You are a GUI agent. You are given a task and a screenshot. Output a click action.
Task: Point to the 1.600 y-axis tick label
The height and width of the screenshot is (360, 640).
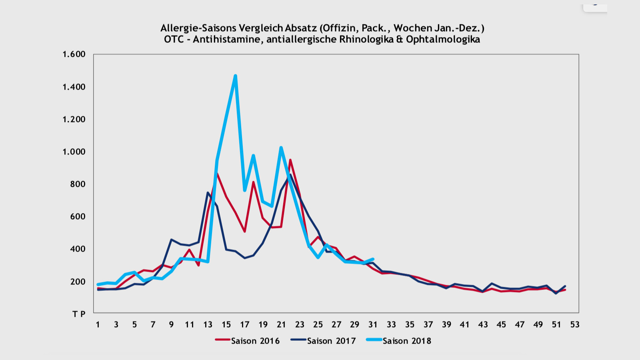pos(74,54)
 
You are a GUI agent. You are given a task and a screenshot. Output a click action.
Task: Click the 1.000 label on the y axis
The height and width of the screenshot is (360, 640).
pos(74,152)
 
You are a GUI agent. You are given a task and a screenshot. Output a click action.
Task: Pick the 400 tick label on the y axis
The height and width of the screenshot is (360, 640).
pos(78,249)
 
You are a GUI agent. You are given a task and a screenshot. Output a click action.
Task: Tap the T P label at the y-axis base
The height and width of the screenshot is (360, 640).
pos(79,314)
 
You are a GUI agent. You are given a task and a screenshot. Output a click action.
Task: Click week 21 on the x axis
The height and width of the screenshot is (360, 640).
pos(281,324)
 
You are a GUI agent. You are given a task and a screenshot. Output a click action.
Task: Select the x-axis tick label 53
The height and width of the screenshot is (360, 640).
pos(575,324)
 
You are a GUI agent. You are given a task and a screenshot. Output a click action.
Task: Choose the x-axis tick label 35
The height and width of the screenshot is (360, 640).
pos(410,324)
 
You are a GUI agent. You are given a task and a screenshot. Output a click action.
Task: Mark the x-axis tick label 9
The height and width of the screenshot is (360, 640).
pos(171,324)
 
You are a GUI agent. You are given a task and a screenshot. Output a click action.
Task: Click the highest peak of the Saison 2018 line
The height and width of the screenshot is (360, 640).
pos(235,76)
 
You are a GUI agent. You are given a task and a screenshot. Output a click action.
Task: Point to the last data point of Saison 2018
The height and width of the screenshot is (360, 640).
pos(373,259)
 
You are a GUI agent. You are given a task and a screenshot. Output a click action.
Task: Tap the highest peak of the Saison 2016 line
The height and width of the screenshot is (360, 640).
pos(290,160)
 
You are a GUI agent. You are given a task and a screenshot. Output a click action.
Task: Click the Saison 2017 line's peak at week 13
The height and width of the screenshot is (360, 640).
pos(208,192)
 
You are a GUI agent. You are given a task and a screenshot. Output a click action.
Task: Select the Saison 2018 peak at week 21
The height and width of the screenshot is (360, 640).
pos(281,148)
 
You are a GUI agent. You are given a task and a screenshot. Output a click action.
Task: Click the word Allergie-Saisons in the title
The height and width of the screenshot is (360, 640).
pos(198,28)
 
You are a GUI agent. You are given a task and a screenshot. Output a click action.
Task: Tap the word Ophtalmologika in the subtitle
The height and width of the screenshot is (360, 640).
pos(443,39)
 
